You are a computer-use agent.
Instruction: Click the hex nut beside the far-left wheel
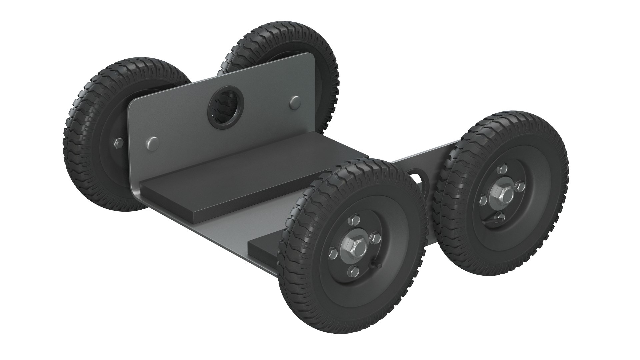(119, 143)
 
